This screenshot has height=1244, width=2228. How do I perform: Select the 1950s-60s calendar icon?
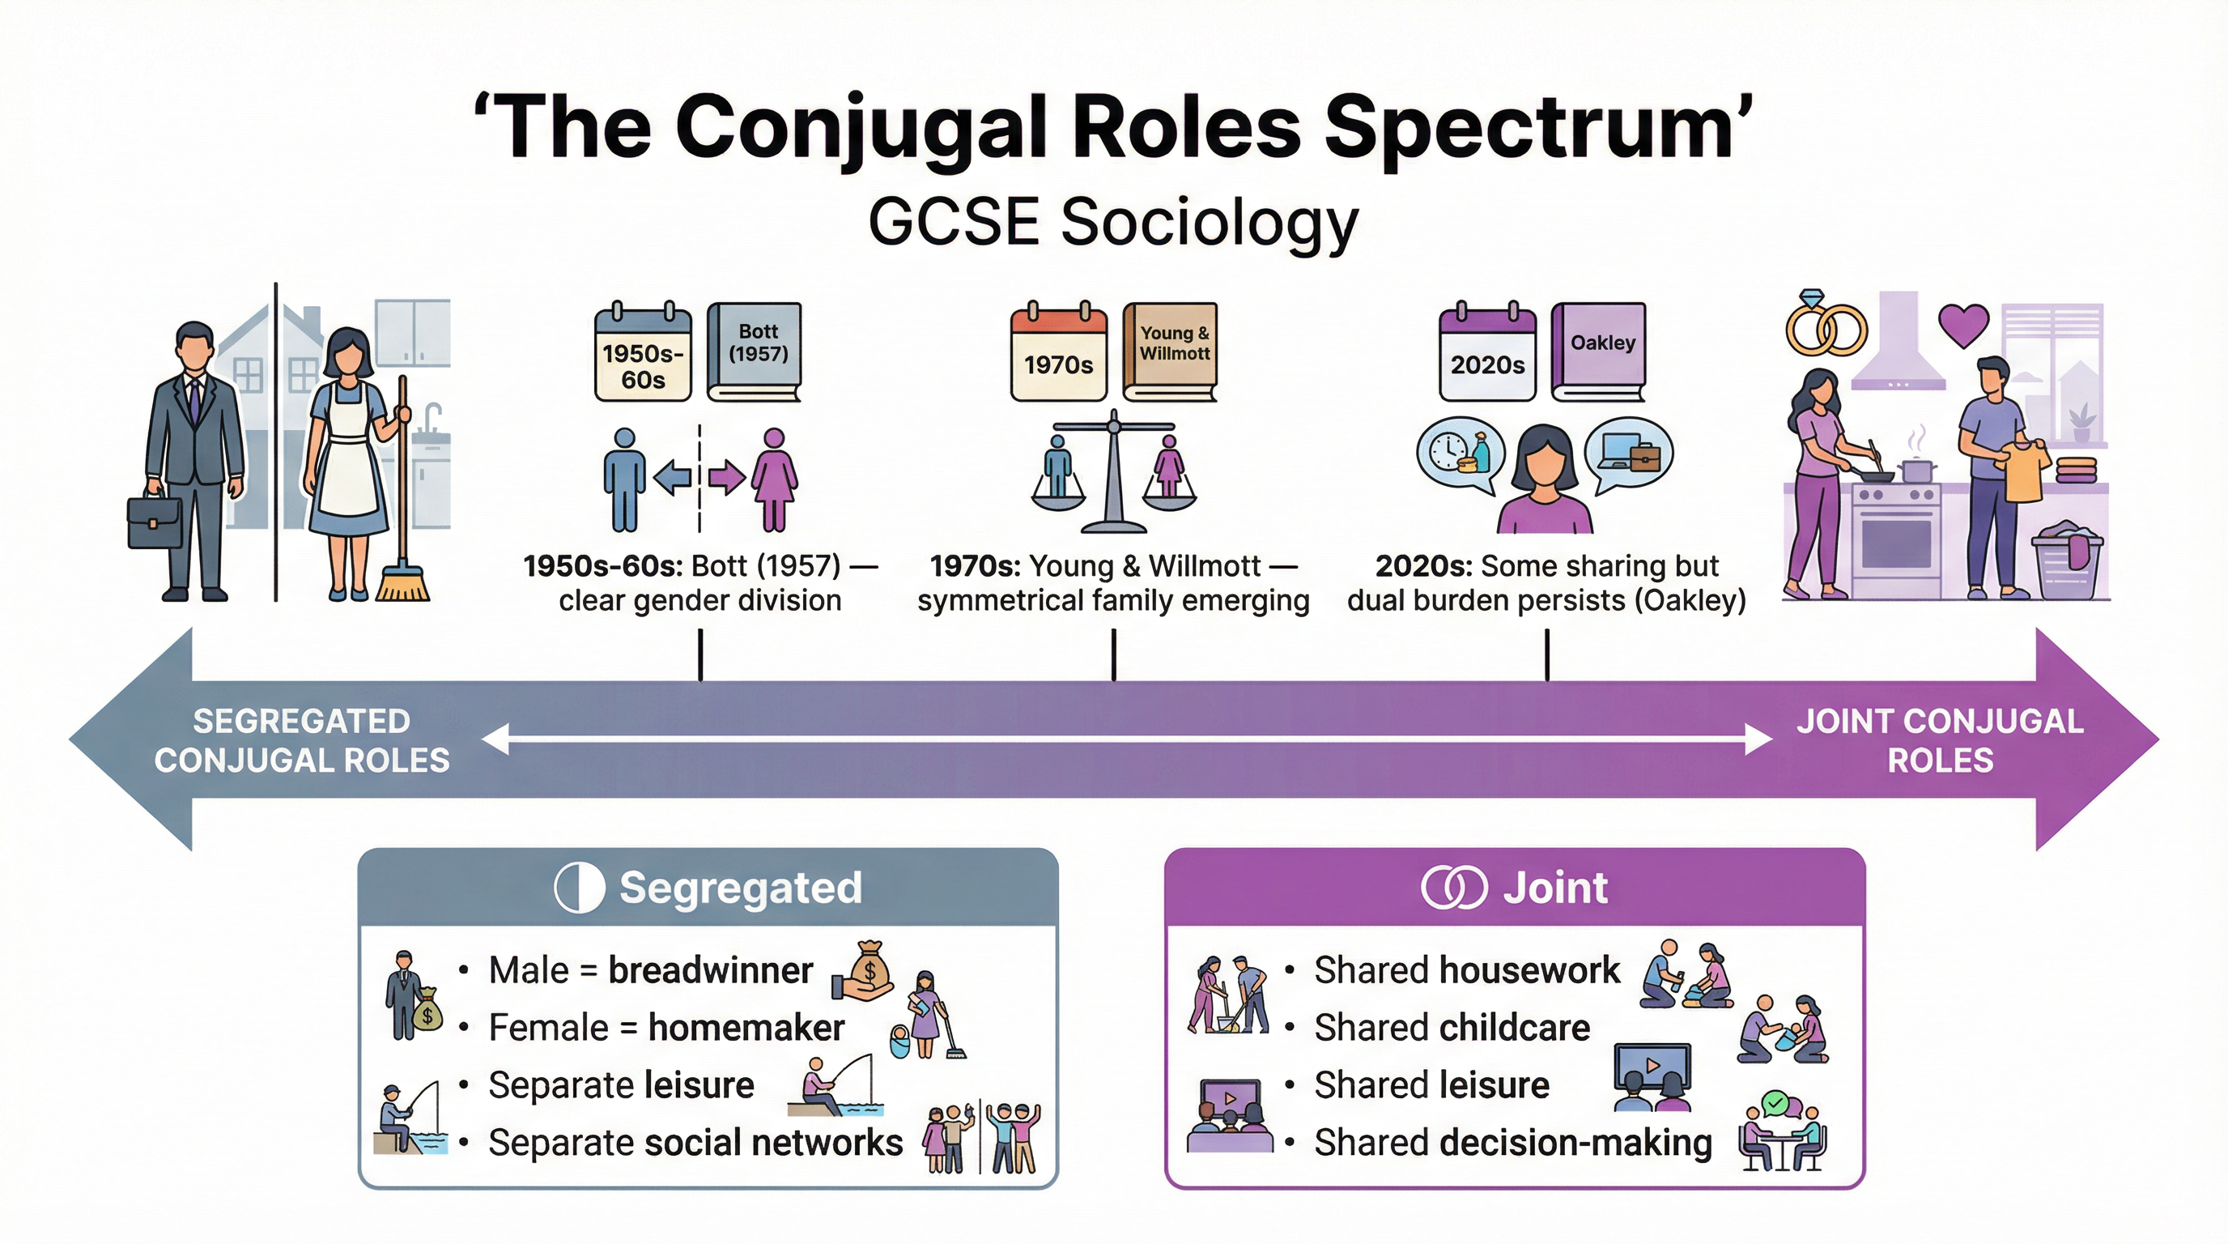pos(643,354)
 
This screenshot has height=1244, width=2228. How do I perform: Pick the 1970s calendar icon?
pos(1059,354)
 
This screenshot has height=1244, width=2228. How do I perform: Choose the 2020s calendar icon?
pos(1486,354)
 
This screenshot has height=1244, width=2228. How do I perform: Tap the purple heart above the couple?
pos(1963,326)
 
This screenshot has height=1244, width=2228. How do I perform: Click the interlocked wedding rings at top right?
pos(1826,327)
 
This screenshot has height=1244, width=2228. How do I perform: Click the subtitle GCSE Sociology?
pos(1113,223)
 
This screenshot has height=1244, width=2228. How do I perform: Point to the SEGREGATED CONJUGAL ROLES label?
pos(302,740)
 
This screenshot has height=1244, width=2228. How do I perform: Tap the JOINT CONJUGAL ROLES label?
pos(1940,740)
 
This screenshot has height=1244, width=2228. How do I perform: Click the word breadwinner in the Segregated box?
pos(710,970)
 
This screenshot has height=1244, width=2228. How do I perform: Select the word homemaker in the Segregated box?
pos(746,1028)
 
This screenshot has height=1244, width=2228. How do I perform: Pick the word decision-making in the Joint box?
pos(1575,1143)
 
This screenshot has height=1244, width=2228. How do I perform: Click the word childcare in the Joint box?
pos(1514,1028)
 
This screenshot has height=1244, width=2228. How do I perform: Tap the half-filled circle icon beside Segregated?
pos(579,888)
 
